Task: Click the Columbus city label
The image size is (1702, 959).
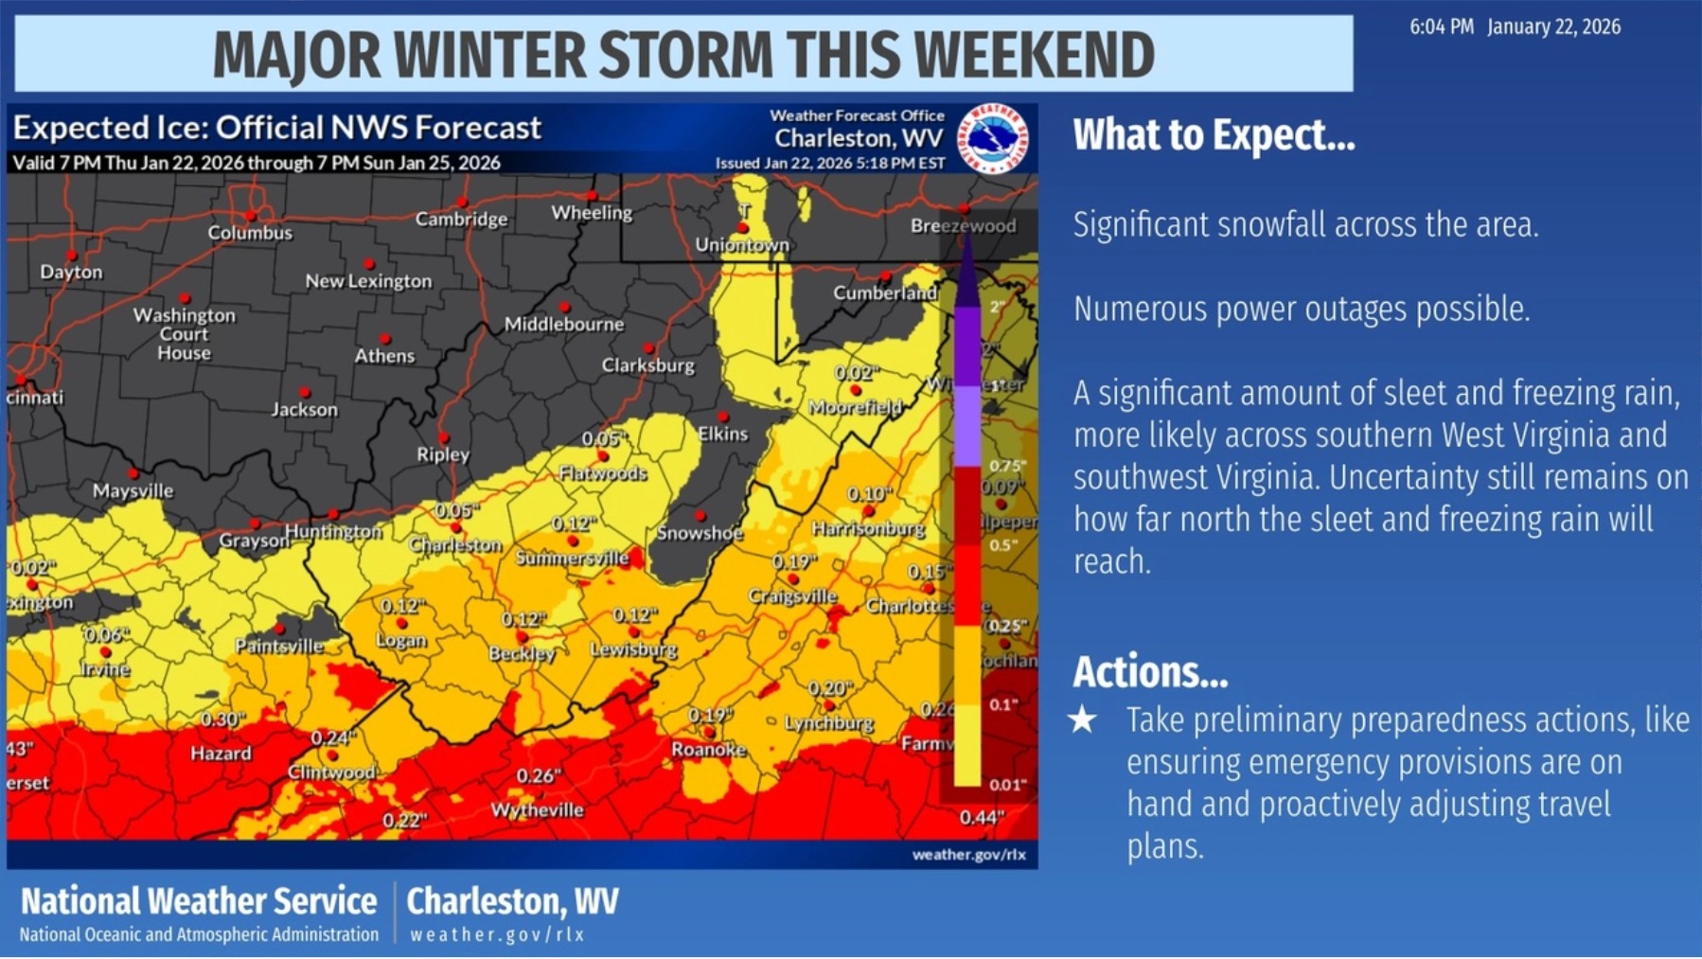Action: click(x=250, y=233)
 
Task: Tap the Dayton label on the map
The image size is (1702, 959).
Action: click(x=71, y=273)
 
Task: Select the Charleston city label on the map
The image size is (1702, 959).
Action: click(x=455, y=545)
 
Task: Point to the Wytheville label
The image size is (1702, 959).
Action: click(x=537, y=810)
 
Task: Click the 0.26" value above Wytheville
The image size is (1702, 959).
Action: click(x=538, y=776)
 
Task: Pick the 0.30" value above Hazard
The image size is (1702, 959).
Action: click(x=222, y=719)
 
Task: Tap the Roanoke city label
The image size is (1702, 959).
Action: click(x=708, y=750)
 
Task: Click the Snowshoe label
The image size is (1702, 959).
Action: click(x=700, y=533)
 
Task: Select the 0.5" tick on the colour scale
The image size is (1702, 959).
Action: click(x=1002, y=545)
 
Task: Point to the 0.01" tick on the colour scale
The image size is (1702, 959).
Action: click(x=1007, y=785)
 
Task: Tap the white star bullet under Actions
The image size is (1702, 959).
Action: click(x=1082, y=720)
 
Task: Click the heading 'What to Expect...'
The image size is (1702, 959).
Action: click(x=1214, y=135)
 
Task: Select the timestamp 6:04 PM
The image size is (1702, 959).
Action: click(x=1441, y=27)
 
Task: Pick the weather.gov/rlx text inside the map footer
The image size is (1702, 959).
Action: click(x=968, y=855)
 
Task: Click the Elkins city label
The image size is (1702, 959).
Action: click(x=722, y=435)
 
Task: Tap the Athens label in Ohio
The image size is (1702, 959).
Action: click(x=384, y=357)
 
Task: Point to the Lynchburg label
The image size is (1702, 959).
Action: click(x=828, y=723)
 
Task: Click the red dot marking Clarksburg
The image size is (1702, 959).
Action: click(x=649, y=348)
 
